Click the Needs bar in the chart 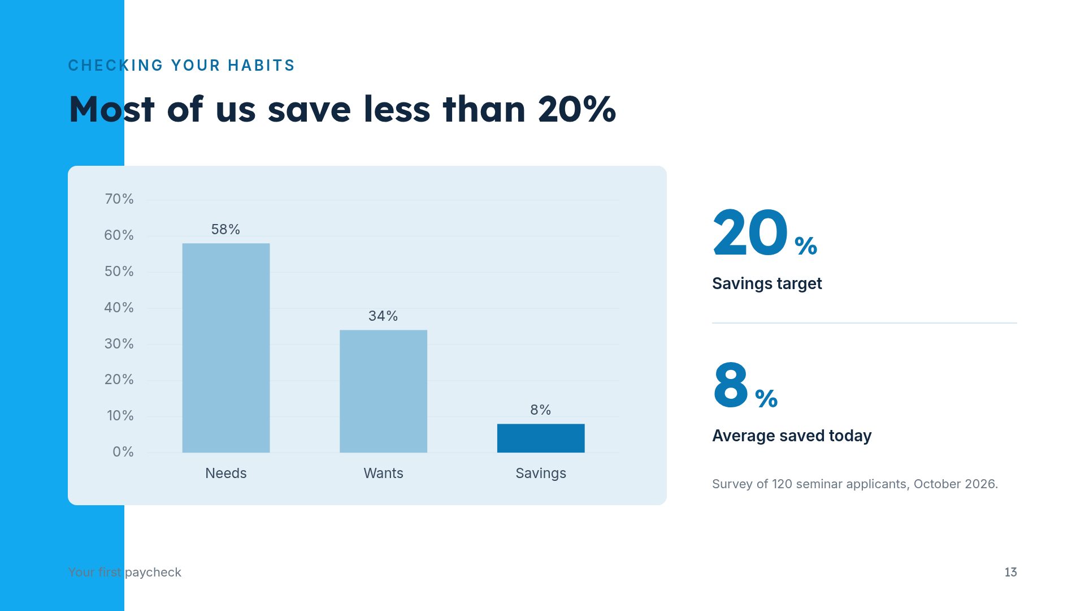click(x=226, y=348)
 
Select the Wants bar click(x=383, y=391)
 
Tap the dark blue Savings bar click(x=541, y=438)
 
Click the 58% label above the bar click(x=225, y=229)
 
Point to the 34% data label click(x=383, y=316)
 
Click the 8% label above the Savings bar click(x=541, y=410)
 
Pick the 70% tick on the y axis click(x=119, y=199)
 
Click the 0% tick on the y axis click(x=123, y=452)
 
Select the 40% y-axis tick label click(x=119, y=308)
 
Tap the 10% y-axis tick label click(x=120, y=416)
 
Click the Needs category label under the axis click(x=226, y=473)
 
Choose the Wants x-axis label click(x=383, y=473)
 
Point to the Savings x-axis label click(x=541, y=474)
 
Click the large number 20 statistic click(x=750, y=233)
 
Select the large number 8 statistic click(x=731, y=385)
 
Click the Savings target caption click(x=767, y=283)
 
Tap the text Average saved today click(x=792, y=436)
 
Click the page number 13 click(x=1010, y=572)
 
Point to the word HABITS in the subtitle click(x=261, y=66)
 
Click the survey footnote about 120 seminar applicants click(x=855, y=484)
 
